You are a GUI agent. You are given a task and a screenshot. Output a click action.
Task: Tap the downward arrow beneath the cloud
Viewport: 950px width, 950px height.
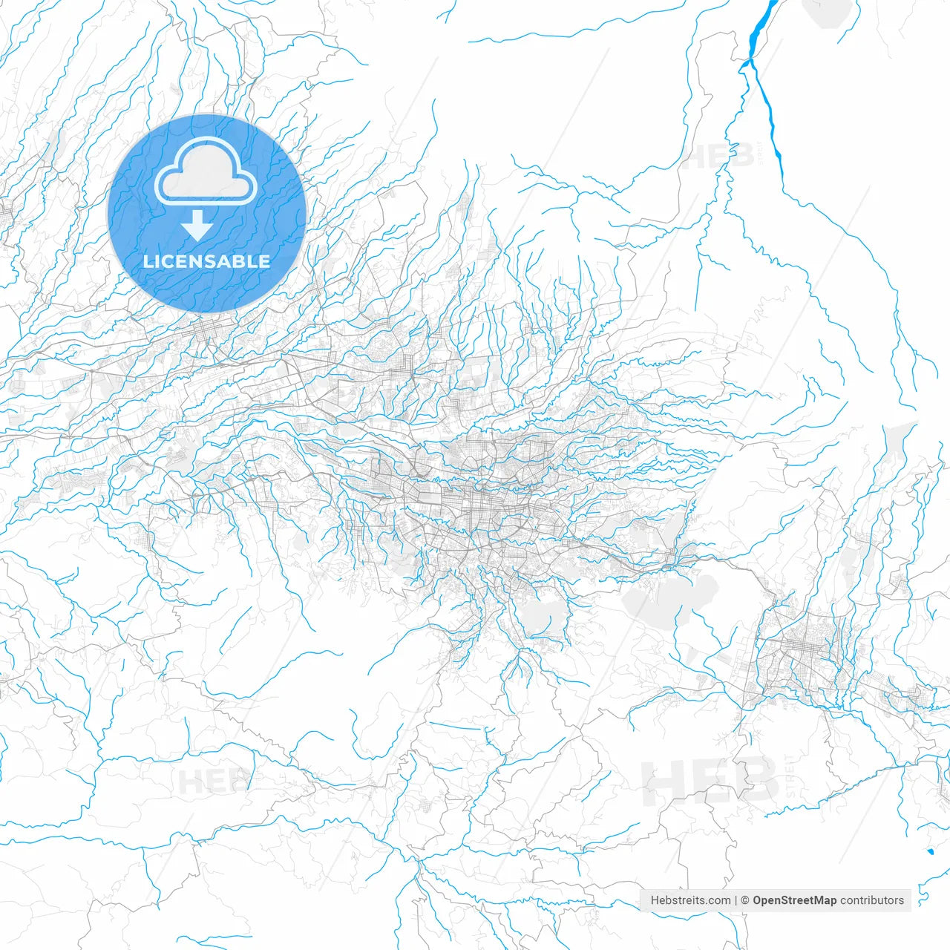tap(197, 225)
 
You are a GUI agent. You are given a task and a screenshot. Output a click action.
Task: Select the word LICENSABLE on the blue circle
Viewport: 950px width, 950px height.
tap(206, 261)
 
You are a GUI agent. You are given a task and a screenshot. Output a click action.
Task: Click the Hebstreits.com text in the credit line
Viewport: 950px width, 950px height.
tap(690, 900)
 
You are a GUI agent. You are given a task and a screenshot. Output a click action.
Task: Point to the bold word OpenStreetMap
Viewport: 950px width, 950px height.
tap(794, 900)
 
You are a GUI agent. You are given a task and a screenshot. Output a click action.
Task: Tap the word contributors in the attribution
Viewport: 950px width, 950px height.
tap(872, 900)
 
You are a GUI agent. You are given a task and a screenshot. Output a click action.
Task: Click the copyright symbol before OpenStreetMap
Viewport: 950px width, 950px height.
tap(745, 900)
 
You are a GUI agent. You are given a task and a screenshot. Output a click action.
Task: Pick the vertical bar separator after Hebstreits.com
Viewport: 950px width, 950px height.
tap(736, 900)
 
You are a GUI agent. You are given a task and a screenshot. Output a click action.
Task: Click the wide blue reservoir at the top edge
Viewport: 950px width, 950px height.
tap(761, 26)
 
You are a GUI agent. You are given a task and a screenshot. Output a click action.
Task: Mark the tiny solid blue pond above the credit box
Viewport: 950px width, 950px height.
tap(930, 851)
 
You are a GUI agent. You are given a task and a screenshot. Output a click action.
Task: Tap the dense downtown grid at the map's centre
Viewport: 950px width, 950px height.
tap(475, 512)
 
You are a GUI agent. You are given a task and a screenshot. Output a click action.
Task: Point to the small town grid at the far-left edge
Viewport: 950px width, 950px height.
tap(6, 215)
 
